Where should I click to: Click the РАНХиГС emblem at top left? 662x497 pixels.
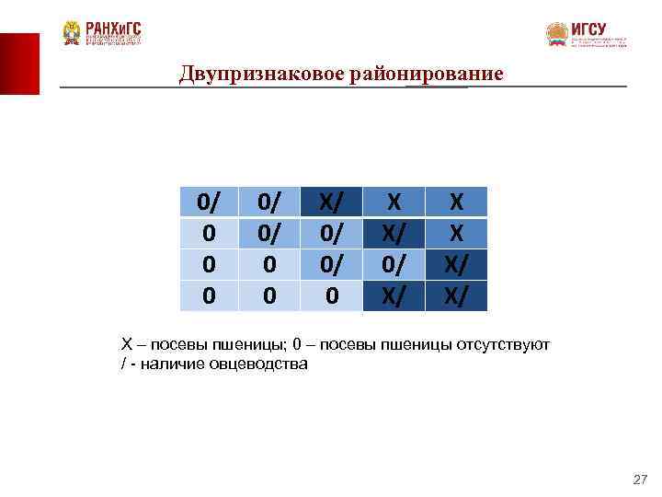coord(72,33)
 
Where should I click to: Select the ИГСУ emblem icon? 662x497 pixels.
coord(557,35)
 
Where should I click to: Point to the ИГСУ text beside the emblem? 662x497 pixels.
coord(588,29)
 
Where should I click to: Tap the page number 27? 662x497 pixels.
coord(640,480)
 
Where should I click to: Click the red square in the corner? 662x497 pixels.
coord(19,63)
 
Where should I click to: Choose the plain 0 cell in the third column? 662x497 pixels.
coord(331,295)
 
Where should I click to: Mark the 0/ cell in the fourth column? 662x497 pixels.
coord(394,264)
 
